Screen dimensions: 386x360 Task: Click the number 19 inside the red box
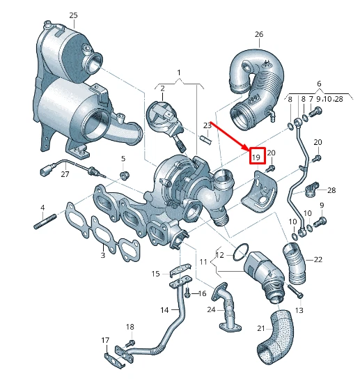pos(257,157)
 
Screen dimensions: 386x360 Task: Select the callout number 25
pos(74,15)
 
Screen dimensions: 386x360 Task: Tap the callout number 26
pos(259,34)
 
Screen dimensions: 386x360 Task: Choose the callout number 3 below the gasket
pos(102,256)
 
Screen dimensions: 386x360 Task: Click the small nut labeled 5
pos(126,173)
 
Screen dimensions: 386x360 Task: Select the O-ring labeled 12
pos(241,251)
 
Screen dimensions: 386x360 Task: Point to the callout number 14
pos(164,310)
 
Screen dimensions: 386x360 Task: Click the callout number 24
pos(210,309)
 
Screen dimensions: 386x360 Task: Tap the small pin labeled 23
pos(205,137)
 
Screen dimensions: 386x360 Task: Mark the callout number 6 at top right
pos(319,84)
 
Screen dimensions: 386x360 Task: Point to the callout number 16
pos(203,294)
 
